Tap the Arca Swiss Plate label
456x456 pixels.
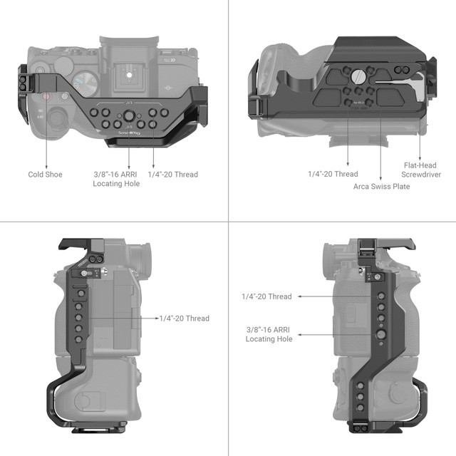tap(381, 187)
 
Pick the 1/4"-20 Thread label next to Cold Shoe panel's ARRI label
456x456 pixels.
tap(173, 175)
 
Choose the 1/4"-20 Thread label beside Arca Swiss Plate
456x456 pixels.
tap(333, 174)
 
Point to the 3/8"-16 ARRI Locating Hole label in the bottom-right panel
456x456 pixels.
tap(269, 334)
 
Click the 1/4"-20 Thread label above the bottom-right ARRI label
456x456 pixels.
tap(266, 296)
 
